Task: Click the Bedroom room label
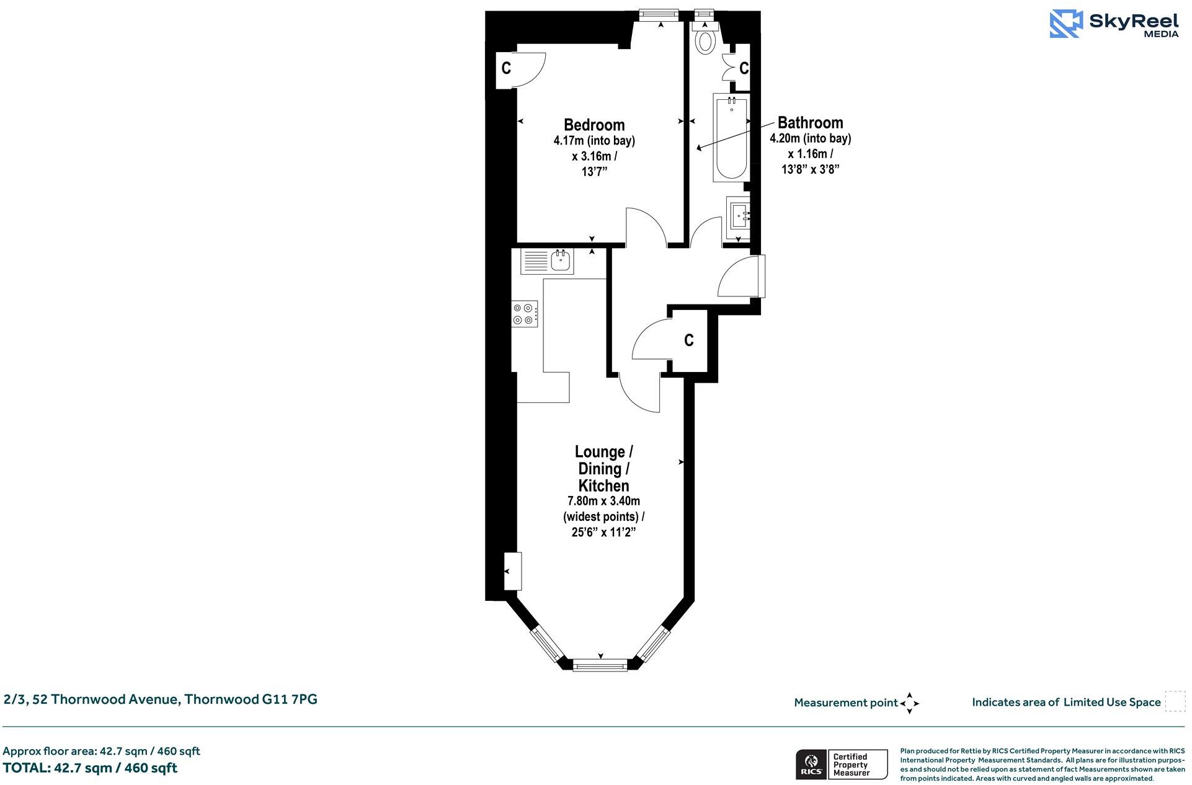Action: pyautogui.click(x=594, y=125)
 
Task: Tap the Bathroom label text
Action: pyautogui.click(x=810, y=122)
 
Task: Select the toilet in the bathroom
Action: pyautogui.click(x=705, y=39)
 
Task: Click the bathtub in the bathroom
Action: pyautogui.click(x=731, y=138)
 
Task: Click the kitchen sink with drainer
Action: pyautogui.click(x=548, y=261)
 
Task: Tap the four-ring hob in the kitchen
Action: pyautogui.click(x=524, y=313)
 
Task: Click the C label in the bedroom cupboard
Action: pyautogui.click(x=506, y=68)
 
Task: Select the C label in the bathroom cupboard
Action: pyautogui.click(x=744, y=68)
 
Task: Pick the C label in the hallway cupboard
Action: pyautogui.click(x=688, y=340)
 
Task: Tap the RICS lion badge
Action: pyautogui.click(x=811, y=765)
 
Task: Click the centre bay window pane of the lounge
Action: pyautogui.click(x=600, y=666)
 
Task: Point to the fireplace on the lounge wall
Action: pyautogui.click(x=513, y=571)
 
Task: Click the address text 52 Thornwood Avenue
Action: pyautogui.click(x=161, y=699)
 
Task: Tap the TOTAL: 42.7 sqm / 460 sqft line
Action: pyautogui.click(x=90, y=768)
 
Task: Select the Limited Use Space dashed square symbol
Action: pyautogui.click(x=1174, y=701)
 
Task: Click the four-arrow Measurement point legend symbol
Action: pyautogui.click(x=909, y=703)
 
